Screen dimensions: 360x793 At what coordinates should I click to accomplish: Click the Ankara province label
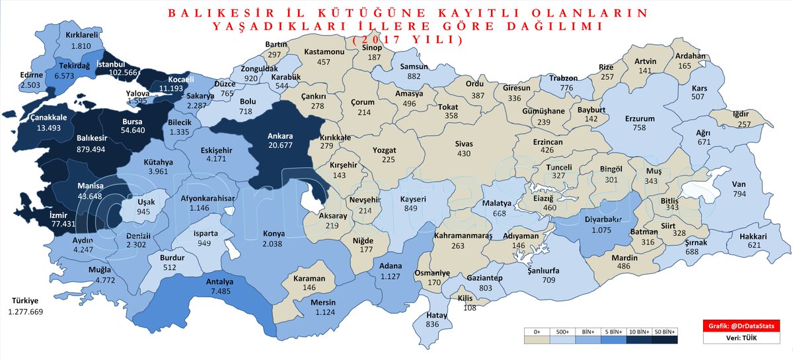(280, 137)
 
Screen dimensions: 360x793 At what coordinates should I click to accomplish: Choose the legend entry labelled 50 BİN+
(665, 331)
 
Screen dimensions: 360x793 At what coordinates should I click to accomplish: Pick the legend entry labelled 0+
(536, 331)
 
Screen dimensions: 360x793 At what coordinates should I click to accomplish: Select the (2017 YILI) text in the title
(408, 40)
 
